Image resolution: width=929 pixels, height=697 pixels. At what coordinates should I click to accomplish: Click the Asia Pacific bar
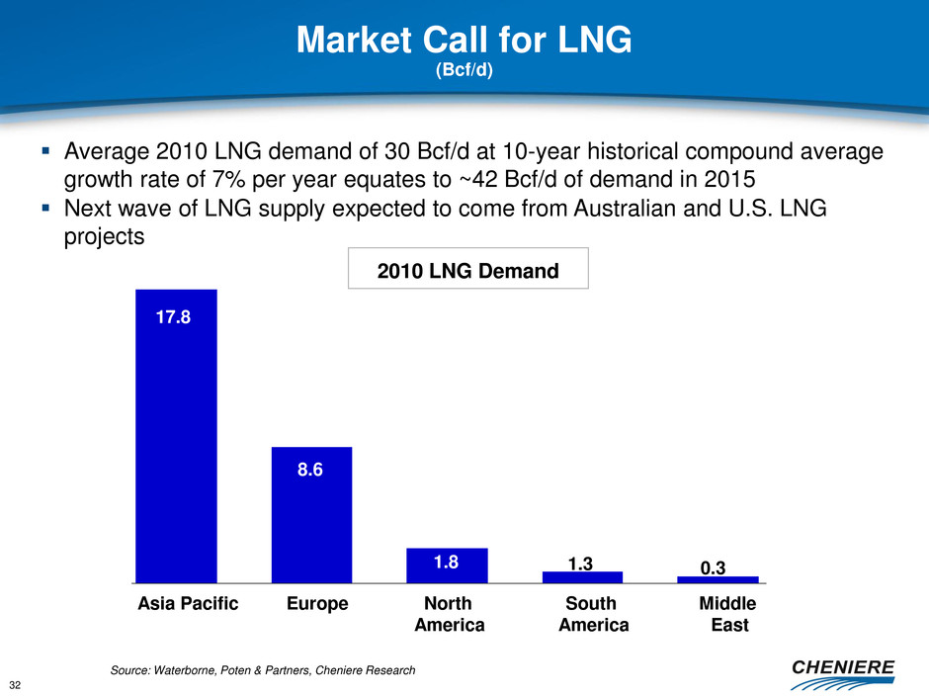point(176,435)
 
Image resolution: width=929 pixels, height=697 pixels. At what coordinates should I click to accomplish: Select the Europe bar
point(311,514)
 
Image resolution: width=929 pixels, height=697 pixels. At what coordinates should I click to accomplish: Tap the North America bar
point(447,566)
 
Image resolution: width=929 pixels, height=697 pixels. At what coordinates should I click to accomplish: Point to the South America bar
point(582,577)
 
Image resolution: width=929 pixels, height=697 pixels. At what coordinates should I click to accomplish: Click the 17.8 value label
point(176,318)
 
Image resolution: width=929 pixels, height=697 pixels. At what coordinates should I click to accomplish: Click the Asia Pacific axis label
point(187,604)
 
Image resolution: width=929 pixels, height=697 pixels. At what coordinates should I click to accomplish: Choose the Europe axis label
point(316,604)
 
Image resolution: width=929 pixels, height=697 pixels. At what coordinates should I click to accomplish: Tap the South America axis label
point(593,614)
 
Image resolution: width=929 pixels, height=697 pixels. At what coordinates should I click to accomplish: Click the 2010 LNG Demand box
point(468,268)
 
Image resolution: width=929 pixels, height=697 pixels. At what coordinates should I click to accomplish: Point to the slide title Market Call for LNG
point(464,41)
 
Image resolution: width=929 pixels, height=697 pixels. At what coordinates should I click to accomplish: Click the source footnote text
point(263,671)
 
